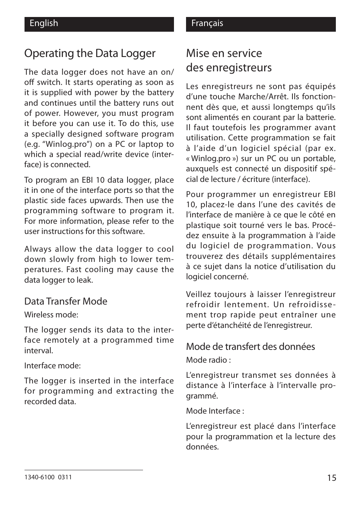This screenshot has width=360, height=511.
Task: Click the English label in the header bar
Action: click(x=44, y=23)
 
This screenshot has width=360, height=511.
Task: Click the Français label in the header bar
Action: click(x=207, y=23)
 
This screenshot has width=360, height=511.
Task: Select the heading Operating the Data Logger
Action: click(x=90, y=54)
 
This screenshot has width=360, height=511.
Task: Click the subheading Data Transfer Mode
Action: click(x=66, y=301)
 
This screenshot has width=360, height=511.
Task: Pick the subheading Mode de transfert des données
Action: click(x=250, y=346)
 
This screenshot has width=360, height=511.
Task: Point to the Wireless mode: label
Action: click(x=51, y=315)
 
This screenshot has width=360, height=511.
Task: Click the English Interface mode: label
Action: click(x=52, y=366)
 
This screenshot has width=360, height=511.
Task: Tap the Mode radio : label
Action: click(x=208, y=360)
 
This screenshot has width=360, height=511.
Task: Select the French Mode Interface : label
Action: click(x=215, y=411)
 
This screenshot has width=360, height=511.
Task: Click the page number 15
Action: click(x=331, y=478)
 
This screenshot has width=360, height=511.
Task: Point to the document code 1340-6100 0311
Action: click(x=48, y=477)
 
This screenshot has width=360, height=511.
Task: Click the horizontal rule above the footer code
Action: click(x=83, y=470)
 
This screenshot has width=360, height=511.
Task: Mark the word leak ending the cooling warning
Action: click(x=85, y=280)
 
